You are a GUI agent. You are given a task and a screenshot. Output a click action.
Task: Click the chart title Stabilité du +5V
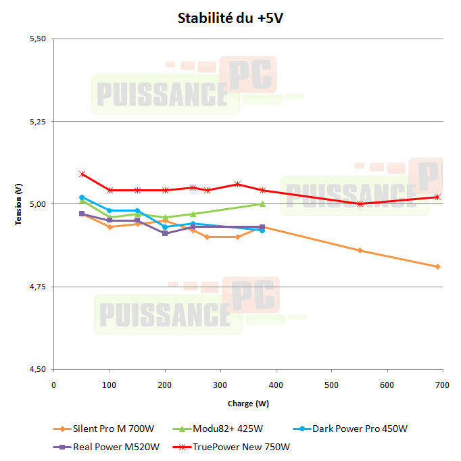[x=230, y=18]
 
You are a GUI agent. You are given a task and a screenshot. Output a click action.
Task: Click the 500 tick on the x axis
[x=331, y=385]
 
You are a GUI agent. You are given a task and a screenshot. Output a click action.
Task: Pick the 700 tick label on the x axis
[x=442, y=385]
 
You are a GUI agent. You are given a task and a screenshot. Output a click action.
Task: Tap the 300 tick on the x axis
[x=220, y=385]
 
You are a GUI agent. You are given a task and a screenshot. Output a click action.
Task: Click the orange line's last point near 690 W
[x=438, y=266]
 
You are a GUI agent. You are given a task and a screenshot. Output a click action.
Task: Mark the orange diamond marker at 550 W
[x=360, y=250]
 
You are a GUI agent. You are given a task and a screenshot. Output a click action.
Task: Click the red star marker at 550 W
[x=360, y=203]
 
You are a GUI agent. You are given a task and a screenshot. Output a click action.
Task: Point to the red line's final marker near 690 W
[x=438, y=197]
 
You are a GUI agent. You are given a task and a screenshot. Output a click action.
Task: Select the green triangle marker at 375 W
[x=262, y=203]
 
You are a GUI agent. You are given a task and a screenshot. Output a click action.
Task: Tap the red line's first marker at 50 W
[x=82, y=174]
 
